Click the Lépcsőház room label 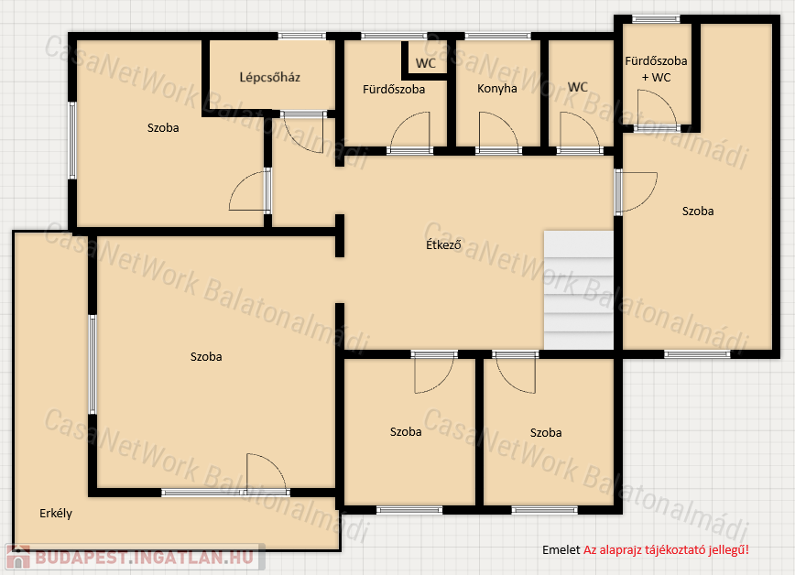269,78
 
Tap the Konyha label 496,89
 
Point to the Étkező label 443,244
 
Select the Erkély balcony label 56,513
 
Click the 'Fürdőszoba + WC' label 656,69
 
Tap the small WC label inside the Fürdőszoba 425,63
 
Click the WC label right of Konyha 578,87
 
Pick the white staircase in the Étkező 579,290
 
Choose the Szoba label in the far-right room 698,211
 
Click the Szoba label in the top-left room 163,128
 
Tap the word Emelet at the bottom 561,549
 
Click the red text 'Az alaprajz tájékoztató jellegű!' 666,550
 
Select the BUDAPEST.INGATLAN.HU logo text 144,558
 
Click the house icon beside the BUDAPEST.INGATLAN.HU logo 18,557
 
